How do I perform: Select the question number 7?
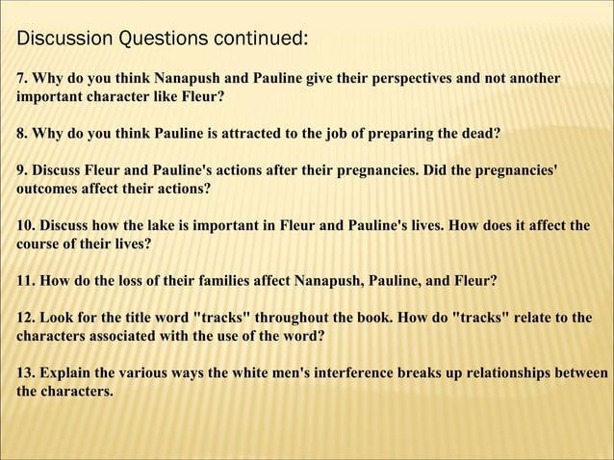21,78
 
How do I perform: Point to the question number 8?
21,133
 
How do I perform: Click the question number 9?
21,170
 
